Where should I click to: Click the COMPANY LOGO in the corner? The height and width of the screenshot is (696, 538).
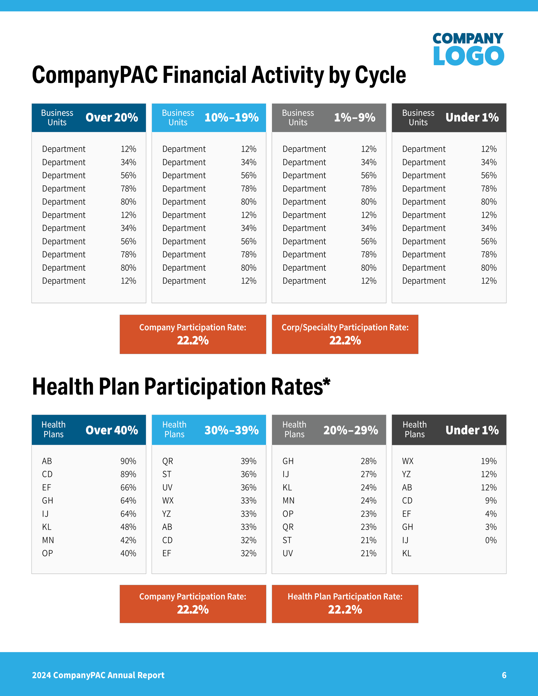(x=468, y=49)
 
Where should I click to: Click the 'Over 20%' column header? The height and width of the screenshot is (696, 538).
(x=111, y=118)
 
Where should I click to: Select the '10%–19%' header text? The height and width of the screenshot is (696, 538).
(x=231, y=118)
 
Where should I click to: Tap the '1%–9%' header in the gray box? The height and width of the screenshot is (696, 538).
(x=354, y=118)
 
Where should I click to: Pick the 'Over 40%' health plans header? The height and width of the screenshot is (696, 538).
(x=111, y=430)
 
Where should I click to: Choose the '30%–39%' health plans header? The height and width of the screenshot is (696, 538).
(x=231, y=430)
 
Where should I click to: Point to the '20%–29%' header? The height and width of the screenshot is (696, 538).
(x=351, y=430)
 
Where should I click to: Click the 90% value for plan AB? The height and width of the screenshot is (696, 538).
(x=128, y=461)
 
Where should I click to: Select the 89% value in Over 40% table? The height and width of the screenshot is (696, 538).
(x=128, y=474)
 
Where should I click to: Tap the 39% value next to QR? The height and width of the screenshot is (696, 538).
(x=248, y=461)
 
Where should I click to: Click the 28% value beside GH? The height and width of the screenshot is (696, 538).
(x=368, y=461)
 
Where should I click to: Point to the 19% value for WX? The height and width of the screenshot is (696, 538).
(x=489, y=461)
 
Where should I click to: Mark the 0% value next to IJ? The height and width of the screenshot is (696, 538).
(x=491, y=540)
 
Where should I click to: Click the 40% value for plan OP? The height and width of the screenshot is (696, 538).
(x=128, y=553)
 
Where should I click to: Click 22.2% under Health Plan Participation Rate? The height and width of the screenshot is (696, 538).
(x=345, y=610)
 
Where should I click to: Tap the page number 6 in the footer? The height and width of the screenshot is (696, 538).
(x=504, y=675)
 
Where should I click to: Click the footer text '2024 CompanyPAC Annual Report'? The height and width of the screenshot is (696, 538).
(x=98, y=675)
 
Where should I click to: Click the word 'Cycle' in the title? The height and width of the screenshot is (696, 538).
(x=380, y=76)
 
